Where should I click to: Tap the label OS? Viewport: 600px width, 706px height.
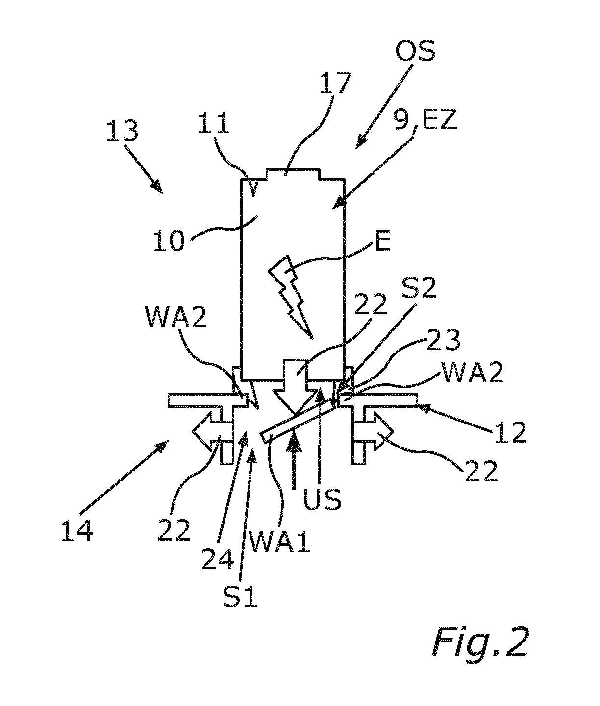(415, 51)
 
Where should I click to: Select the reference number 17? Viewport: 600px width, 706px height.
(335, 82)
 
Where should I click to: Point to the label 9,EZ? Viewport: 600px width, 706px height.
(425, 120)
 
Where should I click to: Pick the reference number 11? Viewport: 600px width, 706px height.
(214, 122)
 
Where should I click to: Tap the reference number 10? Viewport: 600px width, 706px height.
(169, 241)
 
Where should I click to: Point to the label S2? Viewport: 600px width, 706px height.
(419, 287)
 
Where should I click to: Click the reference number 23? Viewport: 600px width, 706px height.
(443, 340)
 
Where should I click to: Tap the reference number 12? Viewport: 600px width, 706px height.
(511, 433)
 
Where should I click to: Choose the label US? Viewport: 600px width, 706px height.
(322, 500)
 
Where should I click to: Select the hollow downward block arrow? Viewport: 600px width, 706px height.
(296, 387)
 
